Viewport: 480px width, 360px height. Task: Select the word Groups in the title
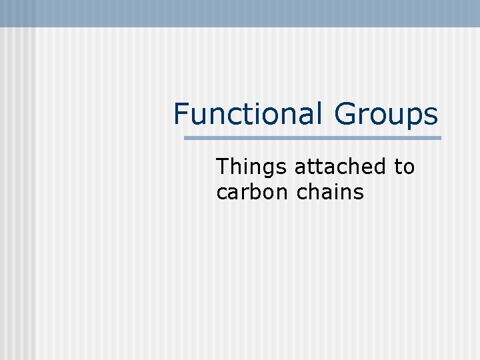386,115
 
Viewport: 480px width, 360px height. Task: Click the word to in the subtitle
404,167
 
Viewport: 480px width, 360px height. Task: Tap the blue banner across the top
240,13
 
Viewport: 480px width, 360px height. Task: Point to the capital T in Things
222,167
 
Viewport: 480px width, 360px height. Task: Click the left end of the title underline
186,138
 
